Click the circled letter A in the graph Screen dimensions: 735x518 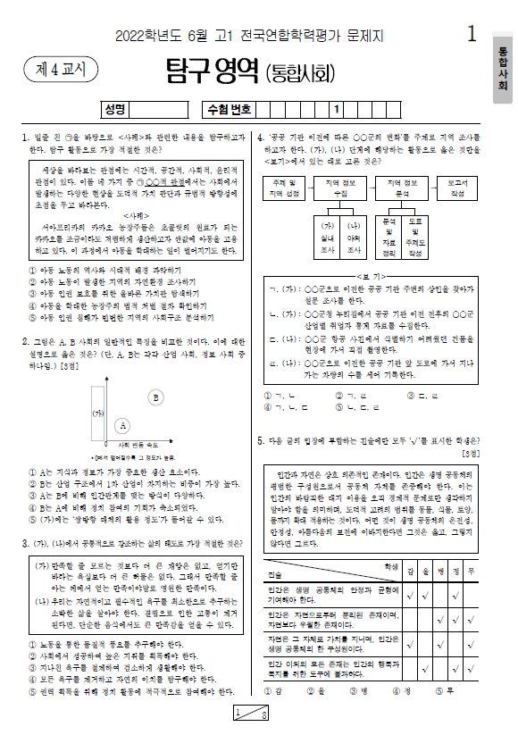pyautogui.click(x=123, y=425)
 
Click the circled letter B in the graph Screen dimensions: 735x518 pyautogui.click(x=156, y=397)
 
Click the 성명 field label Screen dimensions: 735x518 pyautogui.click(x=113, y=110)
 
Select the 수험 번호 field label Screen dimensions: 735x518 pyautogui.click(x=230, y=110)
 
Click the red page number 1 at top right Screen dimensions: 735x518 pyautogui.click(x=472, y=34)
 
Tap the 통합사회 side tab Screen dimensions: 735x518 pyautogui.click(x=501, y=68)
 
